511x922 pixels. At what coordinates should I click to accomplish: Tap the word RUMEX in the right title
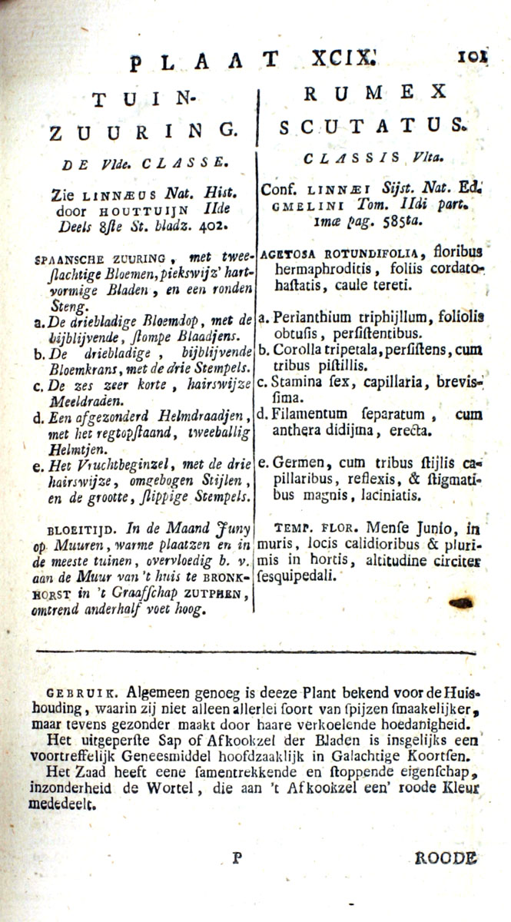coord(375,92)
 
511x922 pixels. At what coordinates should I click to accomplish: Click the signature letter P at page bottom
coord(237,857)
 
